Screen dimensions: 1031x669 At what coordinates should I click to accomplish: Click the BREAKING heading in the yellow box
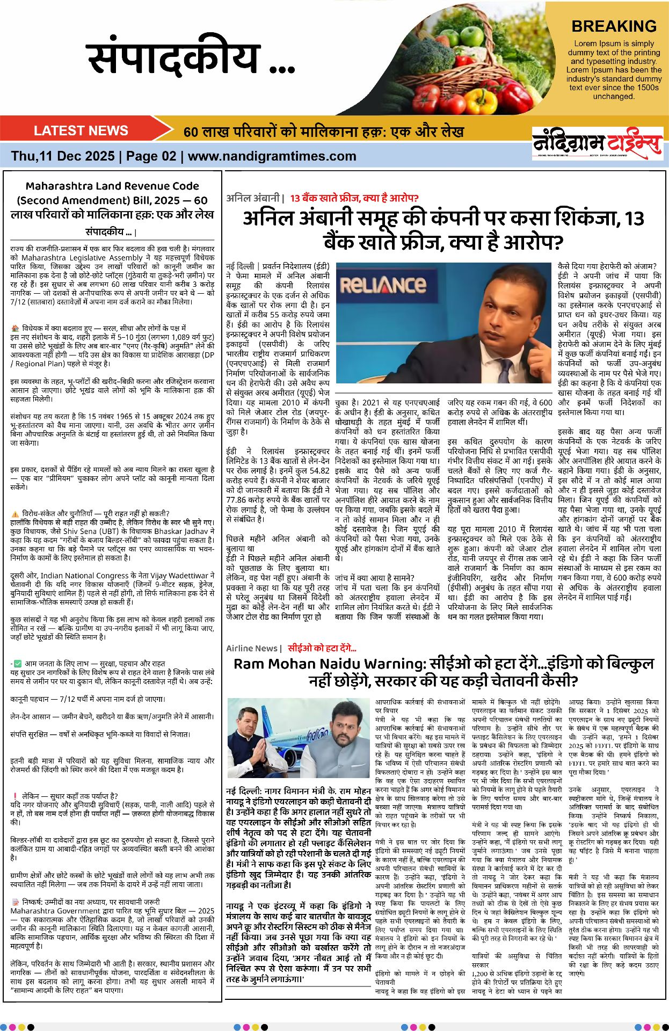pyautogui.click(x=614, y=26)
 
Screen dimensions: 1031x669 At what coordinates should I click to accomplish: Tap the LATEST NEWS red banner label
pyautogui.click(x=81, y=130)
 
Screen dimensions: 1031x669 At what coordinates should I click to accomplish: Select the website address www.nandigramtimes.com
pyautogui.click(x=272, y=156)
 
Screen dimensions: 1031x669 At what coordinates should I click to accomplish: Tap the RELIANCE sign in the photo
pyautogui.click(x=383, y=284)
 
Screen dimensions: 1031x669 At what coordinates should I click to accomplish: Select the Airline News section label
pyautogui.click(x=251, y=648)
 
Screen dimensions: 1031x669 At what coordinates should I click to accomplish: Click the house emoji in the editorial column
pyautogui.click(x=14, y=328)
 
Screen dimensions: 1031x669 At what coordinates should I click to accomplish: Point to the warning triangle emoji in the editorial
pyautogui.click(x=14, y=513)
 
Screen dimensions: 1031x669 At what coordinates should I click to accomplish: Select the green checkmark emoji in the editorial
pyautogui.click(x=18, y=664)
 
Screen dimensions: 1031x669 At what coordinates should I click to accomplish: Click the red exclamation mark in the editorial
pyautogui.click(x=14, y=796)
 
